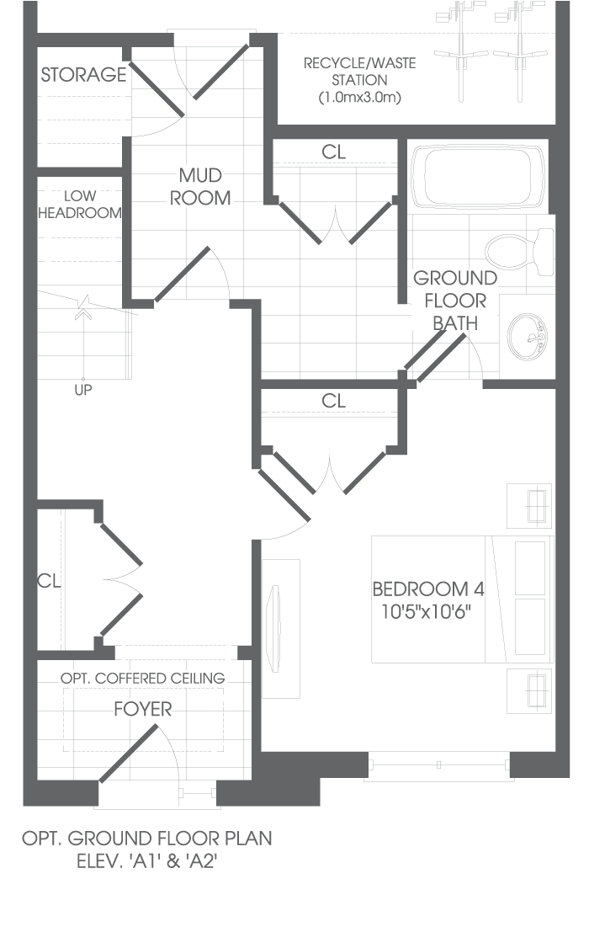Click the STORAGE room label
83,74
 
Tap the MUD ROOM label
200,186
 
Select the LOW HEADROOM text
80,204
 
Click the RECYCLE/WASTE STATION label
360,80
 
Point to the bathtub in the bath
478,177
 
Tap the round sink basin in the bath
528,337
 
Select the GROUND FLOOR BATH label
455,301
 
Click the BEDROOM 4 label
428,589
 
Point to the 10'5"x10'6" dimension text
426,611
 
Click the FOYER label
143,709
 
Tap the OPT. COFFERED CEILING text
143,678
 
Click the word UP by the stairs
83,390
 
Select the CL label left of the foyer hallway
49,581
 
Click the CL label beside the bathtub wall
334,152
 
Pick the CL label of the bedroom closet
334,401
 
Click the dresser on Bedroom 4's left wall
281,628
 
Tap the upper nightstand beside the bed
529,505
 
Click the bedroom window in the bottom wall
438,765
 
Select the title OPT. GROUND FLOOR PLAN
147,839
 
